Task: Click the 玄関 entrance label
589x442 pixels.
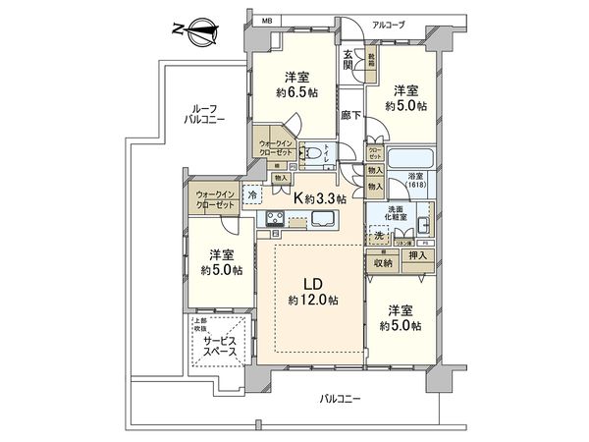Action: coord(348,60)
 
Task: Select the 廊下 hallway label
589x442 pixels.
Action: coord(349,115)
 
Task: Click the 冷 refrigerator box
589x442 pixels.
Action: coord(251,193)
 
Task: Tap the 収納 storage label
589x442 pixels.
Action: coord(382,262)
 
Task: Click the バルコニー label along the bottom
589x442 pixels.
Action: coord(341,399)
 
